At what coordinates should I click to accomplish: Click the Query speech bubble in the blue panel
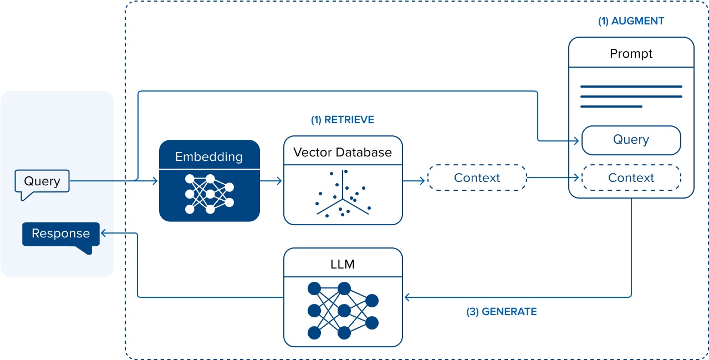(x=42, y=182)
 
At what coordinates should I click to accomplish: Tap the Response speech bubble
(x=60, y=234)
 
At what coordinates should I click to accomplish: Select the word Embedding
(x=209, y=157)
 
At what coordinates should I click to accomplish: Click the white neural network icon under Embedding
(x=210, y=194)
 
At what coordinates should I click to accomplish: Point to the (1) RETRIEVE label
(x=342, y=120)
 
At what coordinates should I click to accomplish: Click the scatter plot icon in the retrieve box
(x=343, y=194)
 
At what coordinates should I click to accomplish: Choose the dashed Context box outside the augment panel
(x=477, y=178)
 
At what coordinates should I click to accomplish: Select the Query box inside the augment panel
(x=631, y=140)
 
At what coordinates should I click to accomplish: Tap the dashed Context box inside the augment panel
(x=631, y=178)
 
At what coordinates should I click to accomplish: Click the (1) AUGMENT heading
(x=631, y=22)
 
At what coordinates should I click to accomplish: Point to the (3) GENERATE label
(x=501, y=312)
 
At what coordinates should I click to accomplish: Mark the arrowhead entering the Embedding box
(x=155, y=181)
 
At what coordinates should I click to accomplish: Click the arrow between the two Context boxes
(x=553, y=178)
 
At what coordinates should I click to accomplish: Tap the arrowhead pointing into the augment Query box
(x=577, y=140)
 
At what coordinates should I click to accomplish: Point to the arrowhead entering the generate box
(x=407, y=297)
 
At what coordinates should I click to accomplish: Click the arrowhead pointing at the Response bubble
(x=103, y=234)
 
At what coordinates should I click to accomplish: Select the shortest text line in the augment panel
(x=611, y=107)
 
